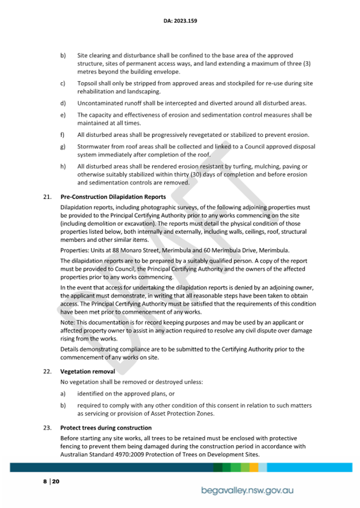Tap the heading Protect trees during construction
106,428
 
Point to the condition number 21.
46,197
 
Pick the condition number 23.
46,428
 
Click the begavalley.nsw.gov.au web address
249,489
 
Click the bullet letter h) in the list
63,166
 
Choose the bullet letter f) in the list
63,135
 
